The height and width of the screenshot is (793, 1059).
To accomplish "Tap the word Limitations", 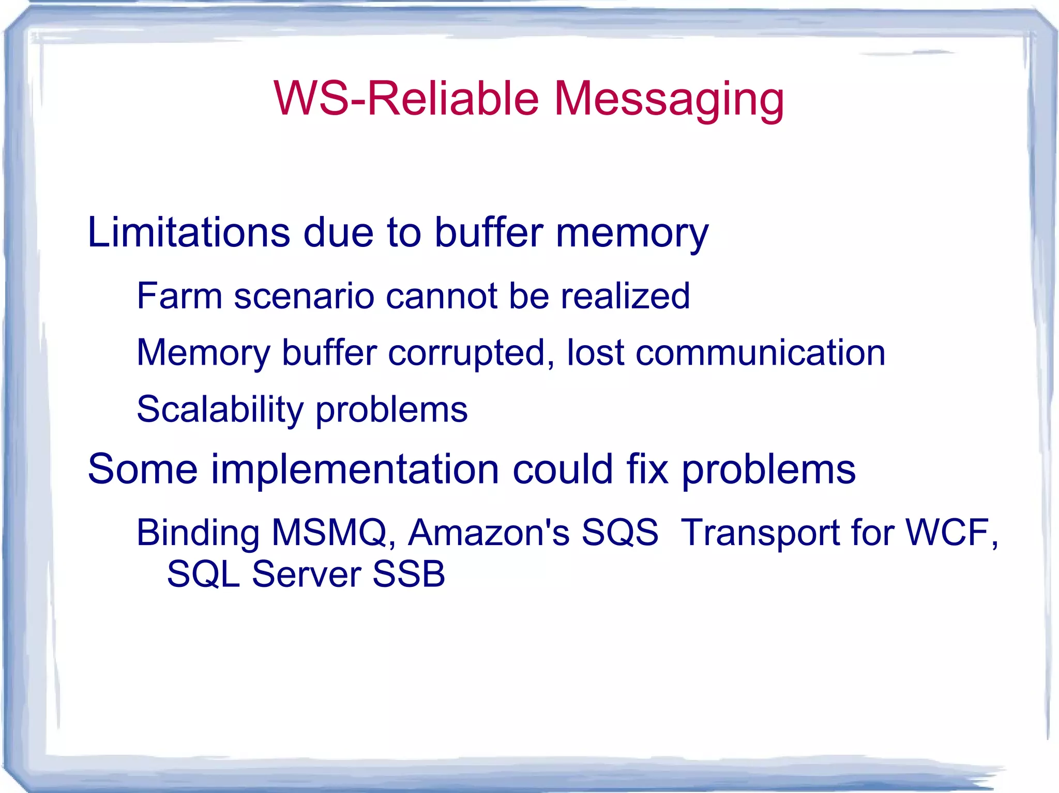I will click(189, 232).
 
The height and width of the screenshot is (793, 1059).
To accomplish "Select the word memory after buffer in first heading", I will click(632, 234).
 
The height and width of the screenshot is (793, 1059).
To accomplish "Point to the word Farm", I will click(179, 296).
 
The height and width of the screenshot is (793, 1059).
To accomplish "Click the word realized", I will click(625, 296).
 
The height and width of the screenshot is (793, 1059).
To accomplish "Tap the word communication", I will click(760, 353).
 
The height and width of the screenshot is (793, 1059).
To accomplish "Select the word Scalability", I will click(220, 410).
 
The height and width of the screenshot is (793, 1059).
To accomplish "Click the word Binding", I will click(198, 533).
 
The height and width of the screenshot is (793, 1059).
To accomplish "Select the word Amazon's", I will click(489, 532).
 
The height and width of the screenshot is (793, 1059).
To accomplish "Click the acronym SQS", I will click(619, 533).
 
